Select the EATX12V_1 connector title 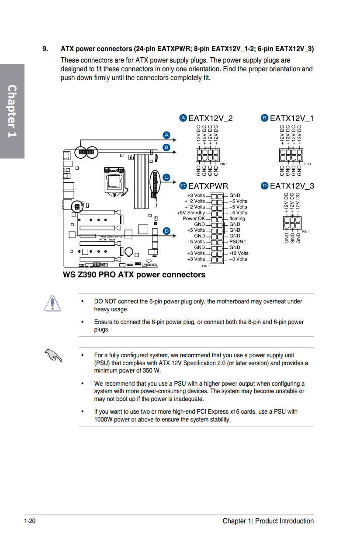(x=291, y=118)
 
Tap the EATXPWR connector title (x=208, y=186)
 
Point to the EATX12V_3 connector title (x=292, y=186)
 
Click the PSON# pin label (x=237, y=242)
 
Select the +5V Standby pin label (x=191, y=213)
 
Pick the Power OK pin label (x=194, y=219)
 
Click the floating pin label (x=237, y=219)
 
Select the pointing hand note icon (x=55, y=356)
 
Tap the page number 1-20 (x=30, y=521)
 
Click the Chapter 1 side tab (x=12, y=111)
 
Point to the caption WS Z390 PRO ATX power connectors (x=134, y=275)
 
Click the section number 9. (x=45, y=49)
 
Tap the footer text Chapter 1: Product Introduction (x=268, y=521)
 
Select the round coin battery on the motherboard (x=129, y=251)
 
